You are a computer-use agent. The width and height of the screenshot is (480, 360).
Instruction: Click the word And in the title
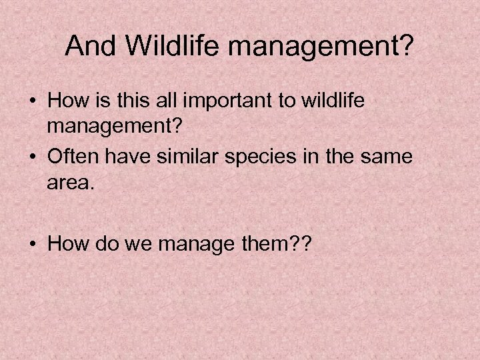[89, 46]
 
